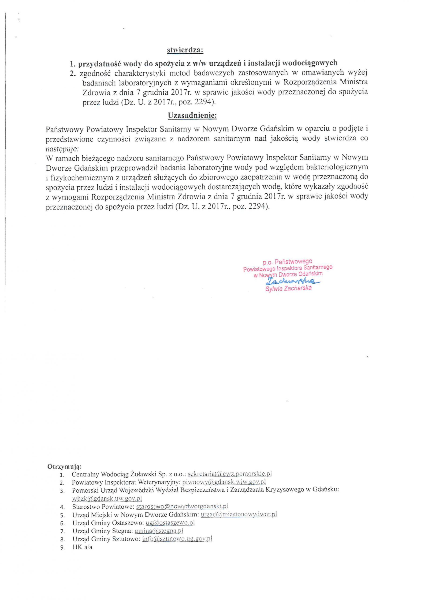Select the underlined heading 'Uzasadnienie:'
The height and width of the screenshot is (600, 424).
(x=192, y=115)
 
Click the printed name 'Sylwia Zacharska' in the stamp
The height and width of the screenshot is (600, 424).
(x=288, y=289)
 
